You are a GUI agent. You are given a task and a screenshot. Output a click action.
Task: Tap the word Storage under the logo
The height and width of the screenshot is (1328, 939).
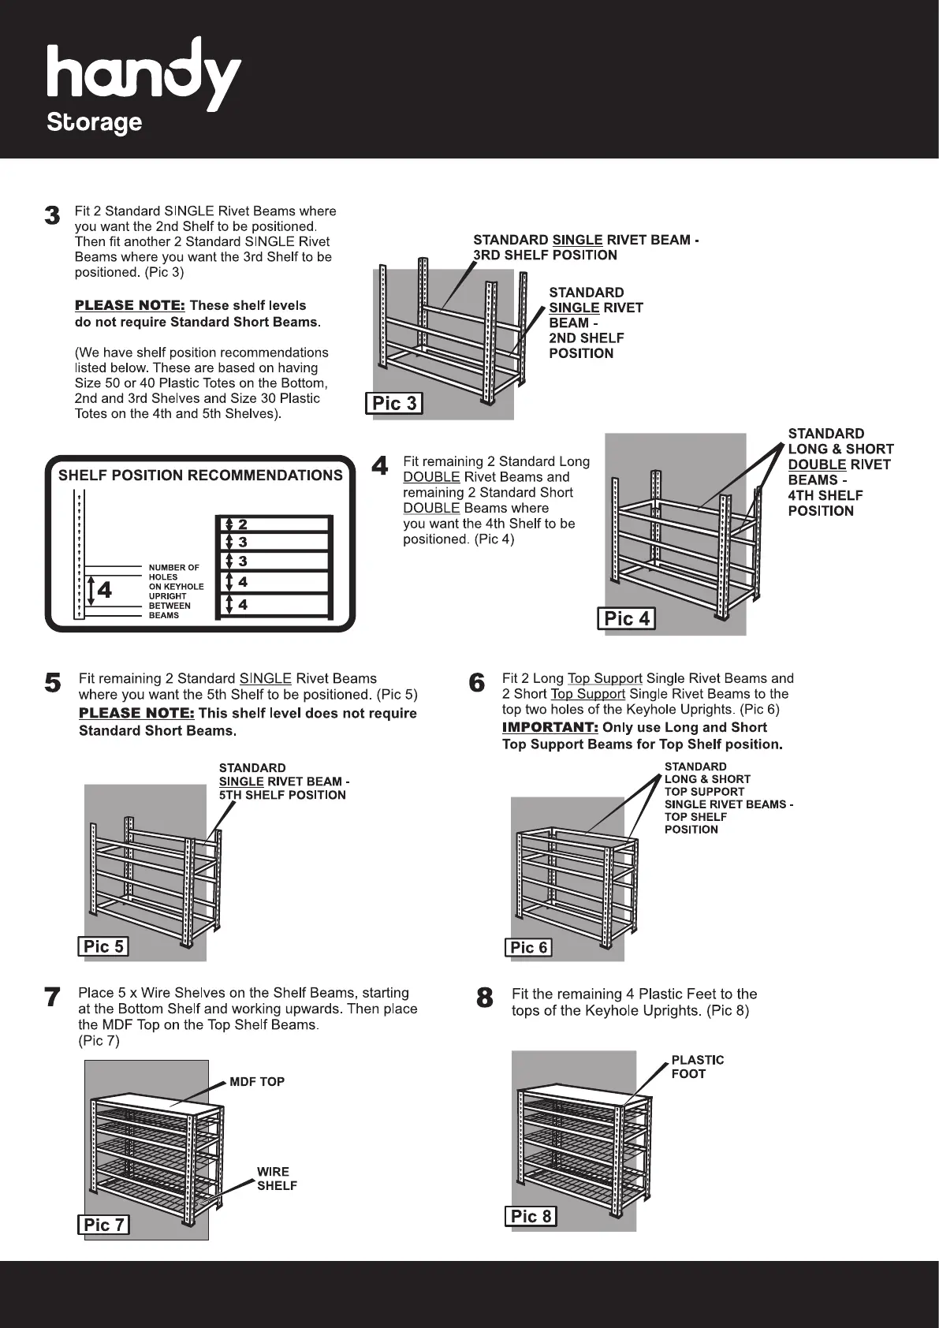click(x=95, y=123)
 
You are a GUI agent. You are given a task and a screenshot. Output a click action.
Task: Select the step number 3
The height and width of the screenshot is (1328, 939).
click(x=52, y=215)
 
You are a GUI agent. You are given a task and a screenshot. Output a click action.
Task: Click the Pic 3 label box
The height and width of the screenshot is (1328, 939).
click(x=394, y=404)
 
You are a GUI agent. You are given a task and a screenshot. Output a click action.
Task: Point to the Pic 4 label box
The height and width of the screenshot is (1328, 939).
click(x=627, y=618)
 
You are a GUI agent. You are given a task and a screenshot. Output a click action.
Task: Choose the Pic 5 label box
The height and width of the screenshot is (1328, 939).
click(x=103, y=946)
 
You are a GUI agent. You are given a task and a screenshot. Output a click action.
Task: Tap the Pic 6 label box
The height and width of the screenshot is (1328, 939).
click(x=528, y=947)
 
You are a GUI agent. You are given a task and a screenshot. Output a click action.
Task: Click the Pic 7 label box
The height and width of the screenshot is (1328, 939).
click(x=103, y=1224)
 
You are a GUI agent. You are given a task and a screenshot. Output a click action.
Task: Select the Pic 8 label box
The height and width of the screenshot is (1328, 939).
click(x=531, y=1216)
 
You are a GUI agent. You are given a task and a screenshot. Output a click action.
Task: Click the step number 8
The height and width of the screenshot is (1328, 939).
click(x=485, y=998)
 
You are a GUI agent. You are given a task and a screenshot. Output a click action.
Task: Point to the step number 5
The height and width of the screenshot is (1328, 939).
click(x=53, y=682)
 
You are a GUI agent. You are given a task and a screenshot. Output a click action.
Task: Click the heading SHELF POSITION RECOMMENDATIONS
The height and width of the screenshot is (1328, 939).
click(x=200, y=476)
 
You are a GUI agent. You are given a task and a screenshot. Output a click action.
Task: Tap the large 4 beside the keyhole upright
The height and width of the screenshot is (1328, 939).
click(x=103, y=590)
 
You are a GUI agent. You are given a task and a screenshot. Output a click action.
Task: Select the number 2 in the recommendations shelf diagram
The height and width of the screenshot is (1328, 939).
click(x=243, y=524)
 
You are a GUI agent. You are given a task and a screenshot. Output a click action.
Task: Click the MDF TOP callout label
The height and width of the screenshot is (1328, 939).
click(x=257, y=1082)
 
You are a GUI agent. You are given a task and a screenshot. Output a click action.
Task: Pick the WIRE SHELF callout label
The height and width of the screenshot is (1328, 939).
click(x=276, y=1178)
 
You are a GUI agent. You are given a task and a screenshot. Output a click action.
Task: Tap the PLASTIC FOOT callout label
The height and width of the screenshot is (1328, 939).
click(x=697, y=1067)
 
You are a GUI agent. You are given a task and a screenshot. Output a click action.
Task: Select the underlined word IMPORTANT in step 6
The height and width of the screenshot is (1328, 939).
click(x=550, y=727)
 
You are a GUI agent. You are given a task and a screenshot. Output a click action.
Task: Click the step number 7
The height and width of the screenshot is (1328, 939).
click(x=52, y=998)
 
